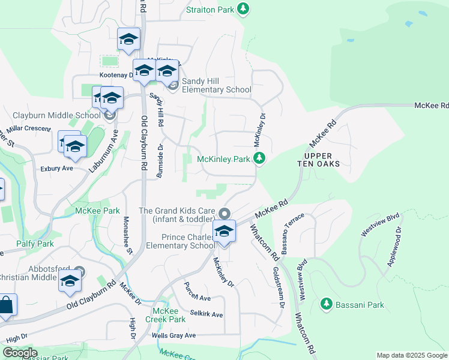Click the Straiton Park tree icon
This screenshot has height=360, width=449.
click(x=243, y=8)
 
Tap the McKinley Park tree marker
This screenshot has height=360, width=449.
click(x=259, y=158)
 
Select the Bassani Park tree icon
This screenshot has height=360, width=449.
click(x=327, y=304)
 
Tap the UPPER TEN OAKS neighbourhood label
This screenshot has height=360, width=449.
click(x=318, y=159)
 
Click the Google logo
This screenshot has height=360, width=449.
click(x=20, y=353)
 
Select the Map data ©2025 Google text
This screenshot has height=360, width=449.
click(x=411, y=355)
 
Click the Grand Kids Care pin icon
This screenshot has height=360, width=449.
click(x=224, y=214)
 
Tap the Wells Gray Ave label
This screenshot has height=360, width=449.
click(x=173, y=335)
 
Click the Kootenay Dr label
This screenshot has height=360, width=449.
click(x=117, y=76)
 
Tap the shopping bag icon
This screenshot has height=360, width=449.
click(x=6, y=305)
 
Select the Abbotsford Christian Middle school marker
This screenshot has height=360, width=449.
click(x=70, y=281)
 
